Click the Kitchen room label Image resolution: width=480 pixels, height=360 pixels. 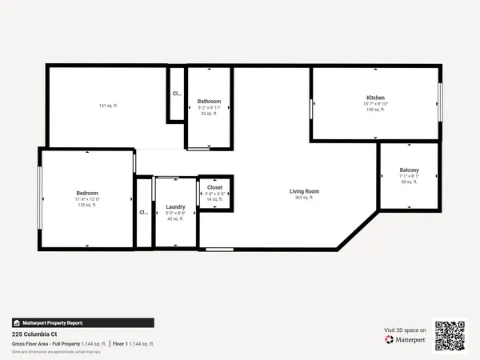click(375, 98)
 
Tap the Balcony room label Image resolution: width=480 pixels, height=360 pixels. click(409, 170)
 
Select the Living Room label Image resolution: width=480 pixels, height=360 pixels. click(304, 191)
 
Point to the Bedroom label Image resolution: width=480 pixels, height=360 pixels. click(87, 194)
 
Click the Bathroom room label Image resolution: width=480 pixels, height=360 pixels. click(209, 102)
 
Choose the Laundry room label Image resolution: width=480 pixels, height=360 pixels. click(175, 207)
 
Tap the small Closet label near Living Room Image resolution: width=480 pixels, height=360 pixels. click(215, 187)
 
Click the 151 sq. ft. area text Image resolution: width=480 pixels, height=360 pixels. click(108, 106)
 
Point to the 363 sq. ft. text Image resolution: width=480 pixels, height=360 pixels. click(305, 198)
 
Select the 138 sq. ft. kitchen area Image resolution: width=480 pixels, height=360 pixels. click(375, 110)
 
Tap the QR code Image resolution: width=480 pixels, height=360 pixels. click(450, 335)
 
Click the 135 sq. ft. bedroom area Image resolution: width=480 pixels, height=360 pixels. click(87, 206)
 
